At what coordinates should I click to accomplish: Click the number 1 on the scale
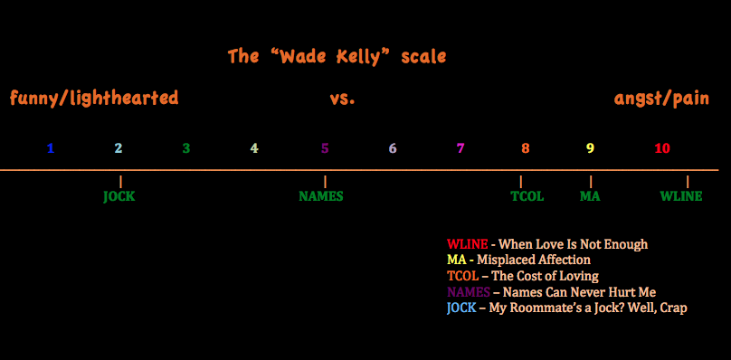(51, 148)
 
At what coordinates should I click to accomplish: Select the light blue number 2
(119, 148)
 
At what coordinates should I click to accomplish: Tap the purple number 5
(325, 148)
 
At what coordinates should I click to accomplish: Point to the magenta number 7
(460, 148)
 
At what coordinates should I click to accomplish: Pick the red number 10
(662, 148)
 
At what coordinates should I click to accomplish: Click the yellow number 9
(590, 148)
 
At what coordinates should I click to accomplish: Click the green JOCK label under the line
(119, 196)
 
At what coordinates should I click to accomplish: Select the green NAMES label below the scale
(321, 196)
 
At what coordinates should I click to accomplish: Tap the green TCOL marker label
(527, 196)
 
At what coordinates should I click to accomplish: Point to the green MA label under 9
(590, 196)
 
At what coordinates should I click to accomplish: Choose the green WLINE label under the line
(681, 196)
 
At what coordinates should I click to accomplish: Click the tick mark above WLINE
(688, 182)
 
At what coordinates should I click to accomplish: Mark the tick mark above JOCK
(120, 182)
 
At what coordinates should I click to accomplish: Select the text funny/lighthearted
(94, 99)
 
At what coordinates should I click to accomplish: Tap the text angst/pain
(661, 99)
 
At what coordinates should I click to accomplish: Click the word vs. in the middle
(342, 99)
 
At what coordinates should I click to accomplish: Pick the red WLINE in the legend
(467, 244)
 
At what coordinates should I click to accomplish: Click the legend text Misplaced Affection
(534, 260)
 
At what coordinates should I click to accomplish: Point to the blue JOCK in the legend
(461, 308)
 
